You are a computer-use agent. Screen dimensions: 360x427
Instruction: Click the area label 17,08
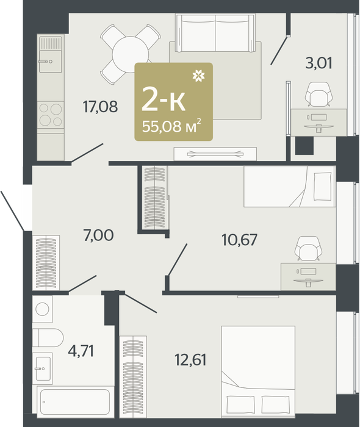pyautogui.click(x=100, y=107)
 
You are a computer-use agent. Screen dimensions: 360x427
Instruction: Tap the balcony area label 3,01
pyautogui.click(x=319, y=63)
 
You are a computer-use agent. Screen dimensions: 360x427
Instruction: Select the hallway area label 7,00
pyautogui.click(x=99, y=235)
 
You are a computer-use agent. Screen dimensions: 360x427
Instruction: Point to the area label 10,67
pyautogui.click(x=240, y=240)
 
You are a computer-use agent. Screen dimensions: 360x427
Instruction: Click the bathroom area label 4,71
pyautogui.click(x=81, y=351)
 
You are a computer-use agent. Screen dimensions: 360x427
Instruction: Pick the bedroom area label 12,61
pyautogui.click(x=190, y=360)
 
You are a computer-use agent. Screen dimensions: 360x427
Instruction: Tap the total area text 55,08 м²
pyautogui.click(x=172, y=126)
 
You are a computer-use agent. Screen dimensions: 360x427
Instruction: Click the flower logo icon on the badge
pyautogui.click(x=198, y=76)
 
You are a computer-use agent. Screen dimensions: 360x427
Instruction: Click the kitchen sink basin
pyautogui.click(x=51, y=62)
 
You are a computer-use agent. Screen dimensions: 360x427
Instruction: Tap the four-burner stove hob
pyautogui.click(x=51, y=115)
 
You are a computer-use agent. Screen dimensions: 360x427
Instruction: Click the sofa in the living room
pyautogui.click(x=215, y=33)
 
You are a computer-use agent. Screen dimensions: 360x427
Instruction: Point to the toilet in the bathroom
pyautogui.click(x=48, y=338)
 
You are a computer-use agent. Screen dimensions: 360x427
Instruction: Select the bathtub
pyautogui.click(x=75, y=402)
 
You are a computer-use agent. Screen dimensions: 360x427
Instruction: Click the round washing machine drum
pyautogui.click(x=42, y=309)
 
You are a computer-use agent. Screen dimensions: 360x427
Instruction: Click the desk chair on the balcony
pyautogui.click(x=319, y=94)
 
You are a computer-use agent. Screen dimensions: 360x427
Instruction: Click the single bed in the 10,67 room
pyautogui.click(x=289, y=187)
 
